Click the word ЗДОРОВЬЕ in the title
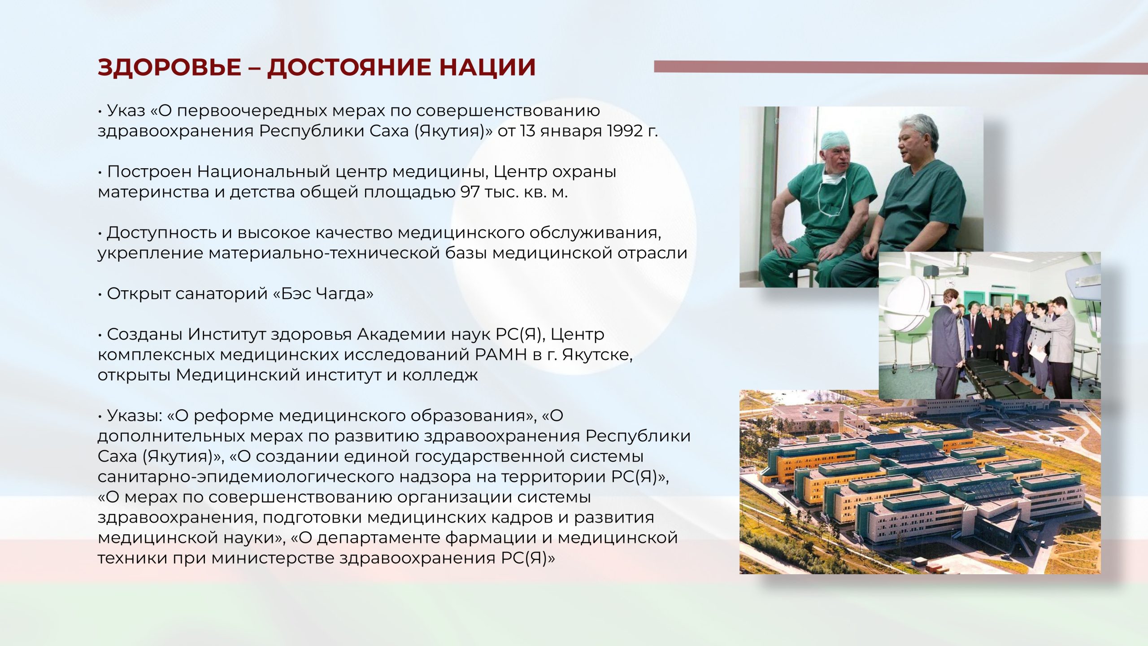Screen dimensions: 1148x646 [169, 67]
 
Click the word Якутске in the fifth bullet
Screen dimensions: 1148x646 [597, 355]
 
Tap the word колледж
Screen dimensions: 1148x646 [439, 375]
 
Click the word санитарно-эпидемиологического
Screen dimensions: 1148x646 [245, 477]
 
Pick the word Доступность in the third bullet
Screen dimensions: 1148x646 [162, 233]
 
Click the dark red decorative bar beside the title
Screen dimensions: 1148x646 [901, 68]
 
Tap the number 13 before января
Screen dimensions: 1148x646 [528, 131]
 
